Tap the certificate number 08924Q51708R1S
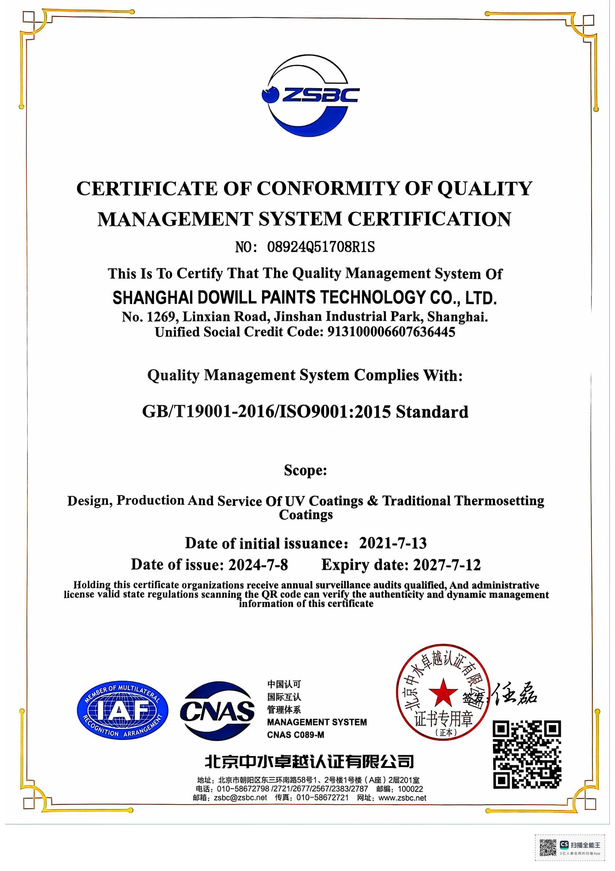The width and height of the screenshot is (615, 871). [x=321, y=247]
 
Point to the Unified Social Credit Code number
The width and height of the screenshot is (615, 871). [x=391, y=332]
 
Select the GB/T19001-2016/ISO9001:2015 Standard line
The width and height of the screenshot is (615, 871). [x=305, y=411]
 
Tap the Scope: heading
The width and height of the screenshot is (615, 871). [x=305, y=470]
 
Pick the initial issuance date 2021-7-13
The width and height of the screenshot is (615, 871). [x=393, y=543]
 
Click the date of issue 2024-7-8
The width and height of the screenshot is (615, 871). [x=258, y=565]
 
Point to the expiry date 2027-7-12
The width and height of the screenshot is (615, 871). [x=447, y=565]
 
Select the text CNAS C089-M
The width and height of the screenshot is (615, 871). [x=295, y=735]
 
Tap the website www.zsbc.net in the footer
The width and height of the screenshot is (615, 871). [x=403, y=798]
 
